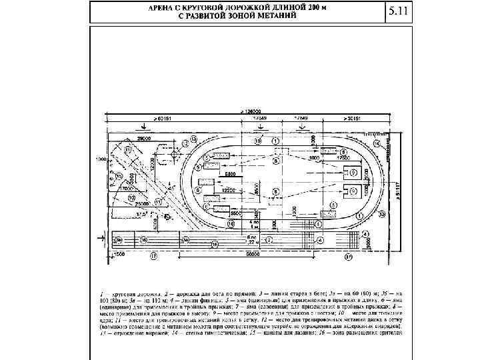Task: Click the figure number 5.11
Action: (397, 12)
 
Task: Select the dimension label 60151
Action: (164, 119)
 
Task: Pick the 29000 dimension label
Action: (143, 137)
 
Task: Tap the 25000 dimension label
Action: (143, 205)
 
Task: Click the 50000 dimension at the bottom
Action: (253, 255)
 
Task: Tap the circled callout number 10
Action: (132, 198)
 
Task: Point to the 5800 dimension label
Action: (228, 174)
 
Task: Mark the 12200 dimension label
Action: (229, 190)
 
